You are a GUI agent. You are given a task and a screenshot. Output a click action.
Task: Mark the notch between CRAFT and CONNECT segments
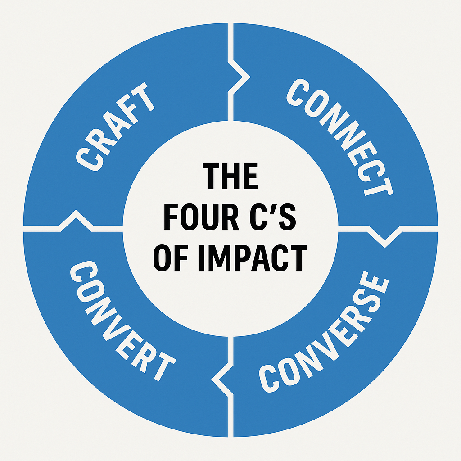pos(241,75)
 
